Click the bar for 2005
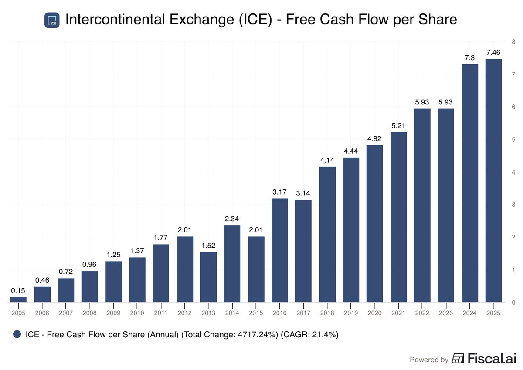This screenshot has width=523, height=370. click(x=18, y=299)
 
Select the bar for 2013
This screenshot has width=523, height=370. click(x=208, y=277)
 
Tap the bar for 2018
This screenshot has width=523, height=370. click(x=327, y=234)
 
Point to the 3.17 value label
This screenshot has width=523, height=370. click(x=280, y=192)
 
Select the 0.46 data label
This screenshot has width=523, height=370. click(x=42, y=280)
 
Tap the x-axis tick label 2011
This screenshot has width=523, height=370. click(x=161, y=313)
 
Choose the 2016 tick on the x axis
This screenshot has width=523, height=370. click(x=280, y=313)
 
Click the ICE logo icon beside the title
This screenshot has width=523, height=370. click(x=52, y=20)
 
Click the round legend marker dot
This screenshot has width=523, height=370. click(x=17, y=335)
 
